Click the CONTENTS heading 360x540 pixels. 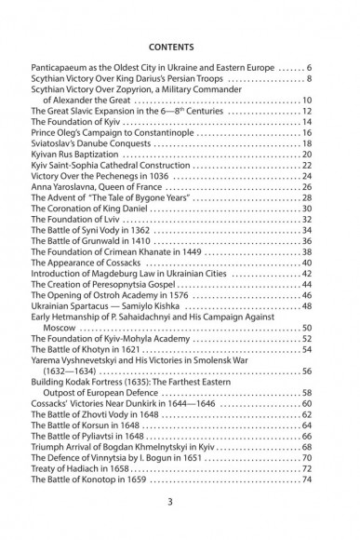pyautogui.click(x=180, y=42)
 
